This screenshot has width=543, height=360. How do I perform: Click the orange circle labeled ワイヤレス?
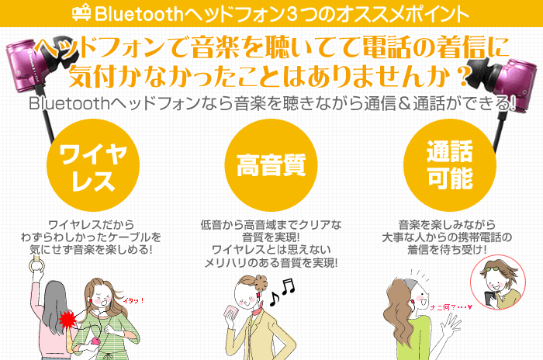point(93,165)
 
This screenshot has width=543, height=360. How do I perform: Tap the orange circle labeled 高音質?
point(271,165)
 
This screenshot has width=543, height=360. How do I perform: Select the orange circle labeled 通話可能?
point(449,165)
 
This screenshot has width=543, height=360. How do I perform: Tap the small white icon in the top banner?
point(81,13)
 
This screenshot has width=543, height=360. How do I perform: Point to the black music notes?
point(282,292)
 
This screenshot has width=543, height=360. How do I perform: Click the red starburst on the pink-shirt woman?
point(67,320)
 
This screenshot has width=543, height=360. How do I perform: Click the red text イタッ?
point(133,301)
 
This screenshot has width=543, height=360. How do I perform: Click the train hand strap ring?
point(36,266)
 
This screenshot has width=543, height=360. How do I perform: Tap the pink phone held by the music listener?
point(230,313)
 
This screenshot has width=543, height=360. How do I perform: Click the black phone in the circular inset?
point(489,299)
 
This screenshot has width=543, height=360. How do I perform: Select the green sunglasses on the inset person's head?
point(495,267)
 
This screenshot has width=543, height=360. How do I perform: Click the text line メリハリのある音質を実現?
point(271,263)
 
